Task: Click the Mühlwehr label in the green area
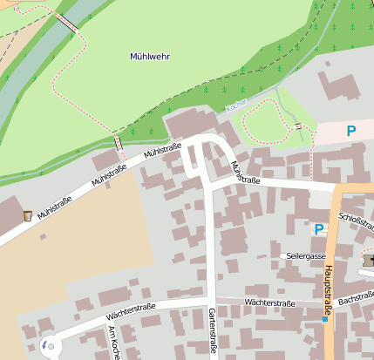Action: click(x=149, y=57)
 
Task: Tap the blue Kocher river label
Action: click(x=236, y=105)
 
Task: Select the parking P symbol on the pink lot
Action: click(x=351, y=132)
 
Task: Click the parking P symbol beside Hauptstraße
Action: click(x=319, y=229)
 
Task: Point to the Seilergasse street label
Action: click(x=305, y=255)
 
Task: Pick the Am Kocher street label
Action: click(x=112, y=343)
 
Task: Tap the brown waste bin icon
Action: click(x=27, y=214)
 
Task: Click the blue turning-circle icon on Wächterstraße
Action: click(x=44, y=346)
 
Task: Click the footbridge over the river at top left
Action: click(x=67, y=24)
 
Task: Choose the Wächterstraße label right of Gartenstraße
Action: click(x=269, y=302)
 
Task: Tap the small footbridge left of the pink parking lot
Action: click(x=299, y=126)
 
